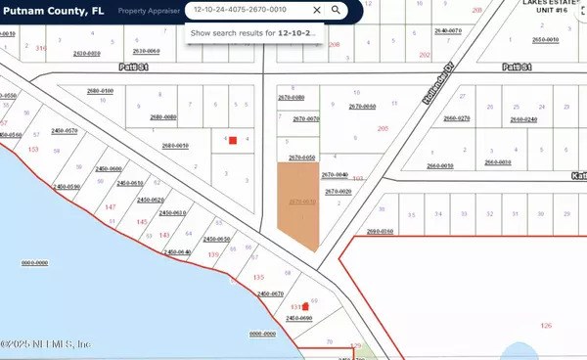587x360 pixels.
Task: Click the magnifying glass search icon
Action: pos(336,10)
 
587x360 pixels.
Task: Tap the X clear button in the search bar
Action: pos(316,10)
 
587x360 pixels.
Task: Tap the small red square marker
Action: pos(233,140)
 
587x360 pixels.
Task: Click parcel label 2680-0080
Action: pos(163,117)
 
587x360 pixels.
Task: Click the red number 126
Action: pos(546,325)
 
